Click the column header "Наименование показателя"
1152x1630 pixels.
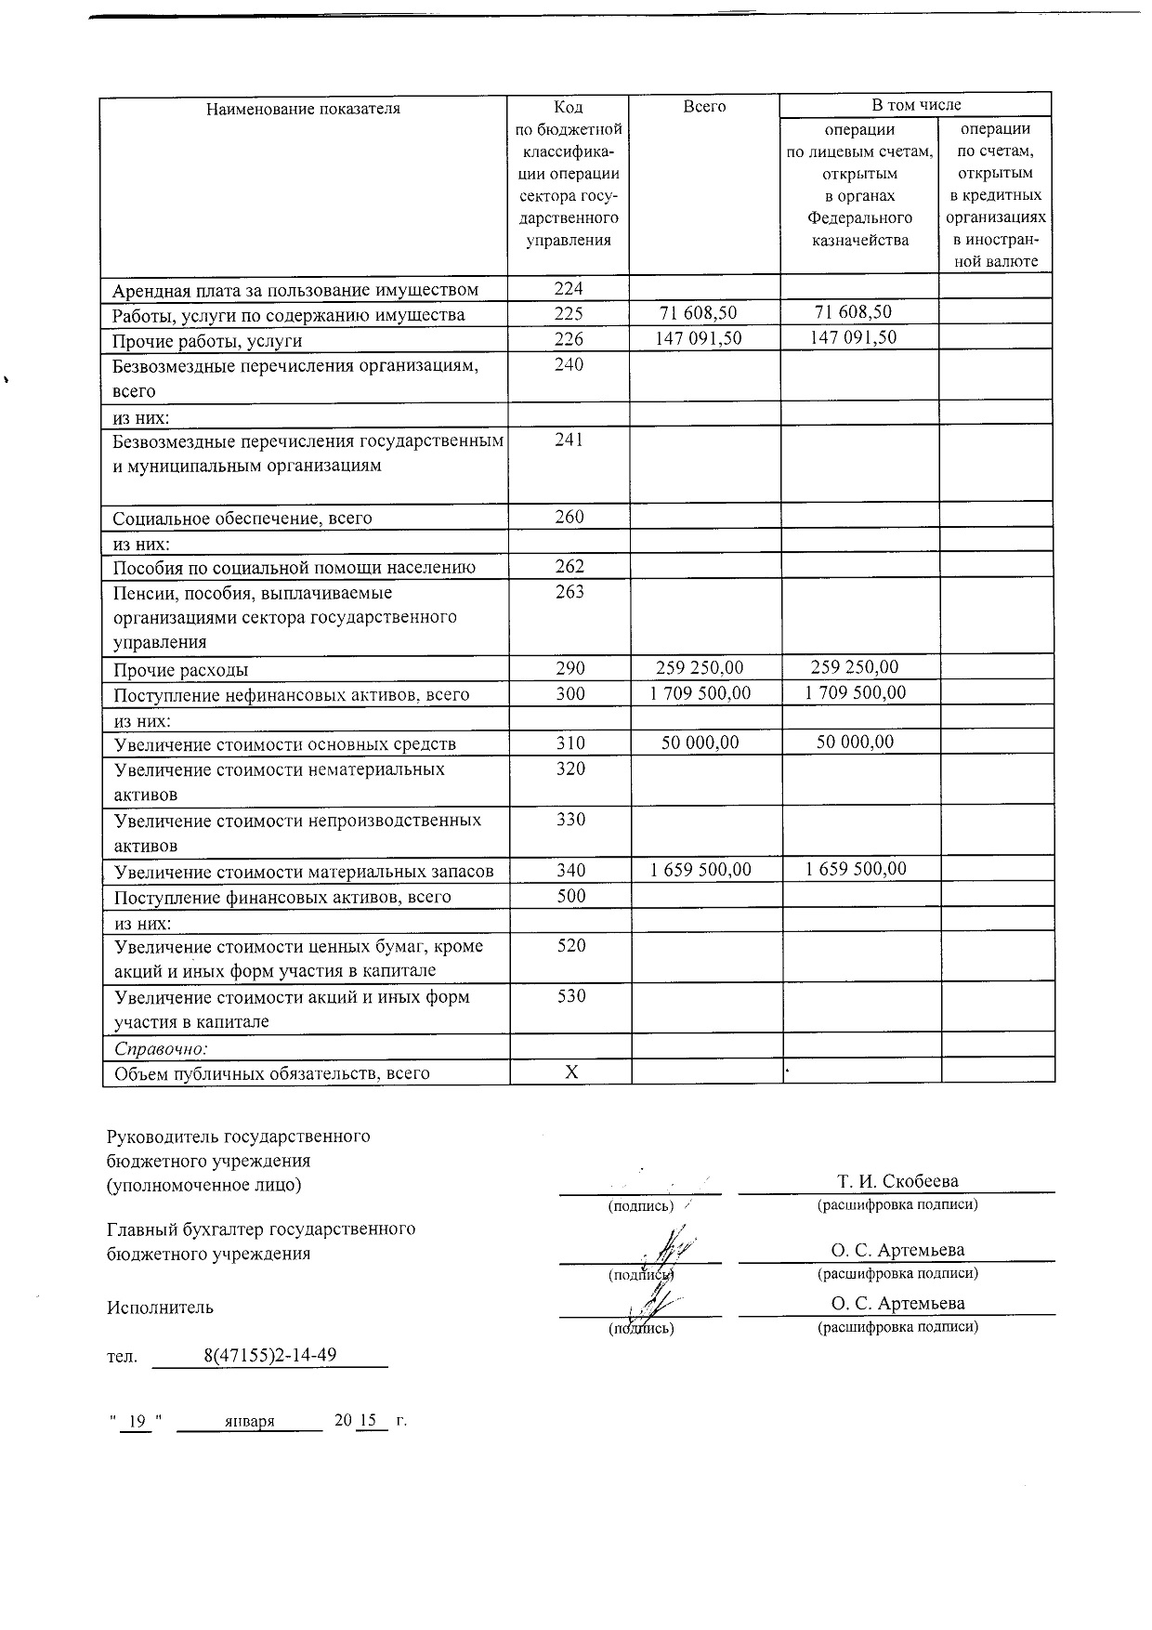tap(303, 109)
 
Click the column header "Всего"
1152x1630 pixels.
tap(704, 107)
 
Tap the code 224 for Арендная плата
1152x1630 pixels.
tap(569, 289)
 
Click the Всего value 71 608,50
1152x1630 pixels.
tap(698, 313)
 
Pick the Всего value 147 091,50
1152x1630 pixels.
tap(699, 337)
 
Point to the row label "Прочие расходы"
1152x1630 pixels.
tap(181, 670)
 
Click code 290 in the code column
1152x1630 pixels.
tap(570, 668)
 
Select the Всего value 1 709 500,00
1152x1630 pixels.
tap(700, 693)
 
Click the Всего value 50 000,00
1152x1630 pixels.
tap(700, 743)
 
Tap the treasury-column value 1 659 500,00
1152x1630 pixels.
tap(856, 869)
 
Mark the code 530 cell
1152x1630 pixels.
tap(571, 996)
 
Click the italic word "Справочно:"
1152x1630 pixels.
tap(161, 1048)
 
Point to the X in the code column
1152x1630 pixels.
tap(572, 1072)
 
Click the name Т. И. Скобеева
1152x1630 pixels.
tap(897, 1181)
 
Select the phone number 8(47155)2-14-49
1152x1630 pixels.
tap(269, 1354)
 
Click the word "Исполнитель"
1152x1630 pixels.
tap(160, 1308)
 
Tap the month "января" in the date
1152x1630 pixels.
tap(249, 1421)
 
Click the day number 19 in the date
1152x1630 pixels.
tap(137, 1421)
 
